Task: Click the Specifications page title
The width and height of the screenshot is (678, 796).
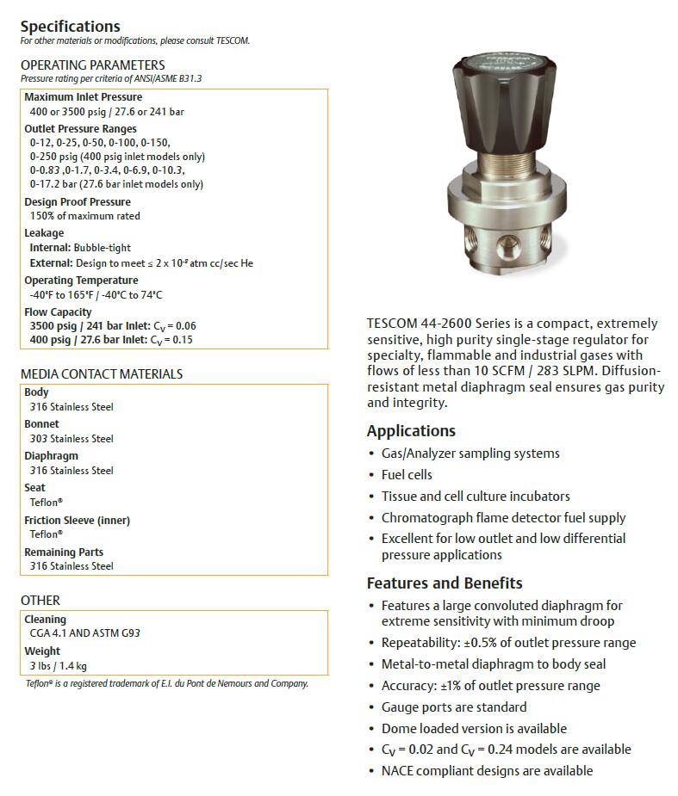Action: coord(71,26)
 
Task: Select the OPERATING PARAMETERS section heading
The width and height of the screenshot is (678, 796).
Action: coord(92,65)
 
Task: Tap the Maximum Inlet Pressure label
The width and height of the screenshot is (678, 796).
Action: coord(83,97)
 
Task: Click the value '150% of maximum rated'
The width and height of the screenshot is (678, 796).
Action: coord(84,216)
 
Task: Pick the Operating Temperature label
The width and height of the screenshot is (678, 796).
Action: coord(81,281)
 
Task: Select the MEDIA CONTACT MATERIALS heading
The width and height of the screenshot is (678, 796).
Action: coord(102,374)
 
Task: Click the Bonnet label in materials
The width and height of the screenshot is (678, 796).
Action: coord(41,424)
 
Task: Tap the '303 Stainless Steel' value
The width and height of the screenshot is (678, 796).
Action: coord(72,438)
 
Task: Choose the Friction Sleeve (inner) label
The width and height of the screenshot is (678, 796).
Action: coord(77,521)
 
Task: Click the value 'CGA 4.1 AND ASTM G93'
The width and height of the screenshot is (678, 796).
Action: coord(84,633)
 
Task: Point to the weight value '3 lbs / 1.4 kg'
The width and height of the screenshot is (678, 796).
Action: coord(58,665)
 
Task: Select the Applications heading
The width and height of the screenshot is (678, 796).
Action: coord(411,431)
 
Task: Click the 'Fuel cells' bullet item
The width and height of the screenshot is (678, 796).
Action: coord(407,475)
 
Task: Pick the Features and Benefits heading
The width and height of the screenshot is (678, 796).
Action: coord(445,583)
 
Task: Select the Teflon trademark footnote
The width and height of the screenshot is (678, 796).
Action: coord(166,684)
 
